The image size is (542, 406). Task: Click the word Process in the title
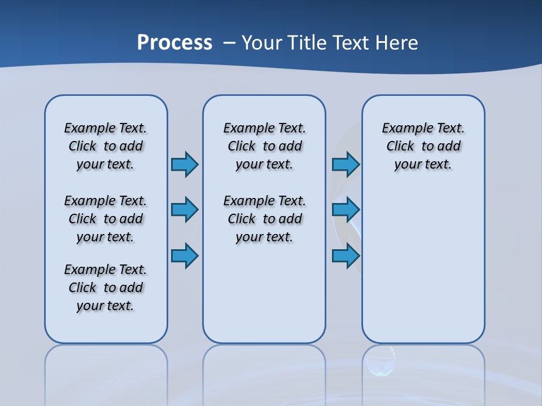[x=174, y=43]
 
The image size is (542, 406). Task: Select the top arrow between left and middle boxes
[x=185, y=164]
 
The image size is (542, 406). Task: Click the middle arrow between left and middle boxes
[x=185, y=210]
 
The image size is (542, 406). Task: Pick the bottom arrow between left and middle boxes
[x=185, y=255]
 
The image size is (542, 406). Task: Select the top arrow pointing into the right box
[x=346, y=164]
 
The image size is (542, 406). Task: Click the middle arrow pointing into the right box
[x=346, y=210]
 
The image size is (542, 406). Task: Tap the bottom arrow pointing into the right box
[x=346, y=255]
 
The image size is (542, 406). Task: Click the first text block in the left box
[x=106, y=146]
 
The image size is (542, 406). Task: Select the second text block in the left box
[x=106, y=219]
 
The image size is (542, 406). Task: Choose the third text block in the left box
[x=106, y=288]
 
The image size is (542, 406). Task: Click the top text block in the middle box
[x=264, y=146]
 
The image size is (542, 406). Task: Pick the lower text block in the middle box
[x=264, y=219]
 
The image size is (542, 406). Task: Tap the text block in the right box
[x=423, y=146]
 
